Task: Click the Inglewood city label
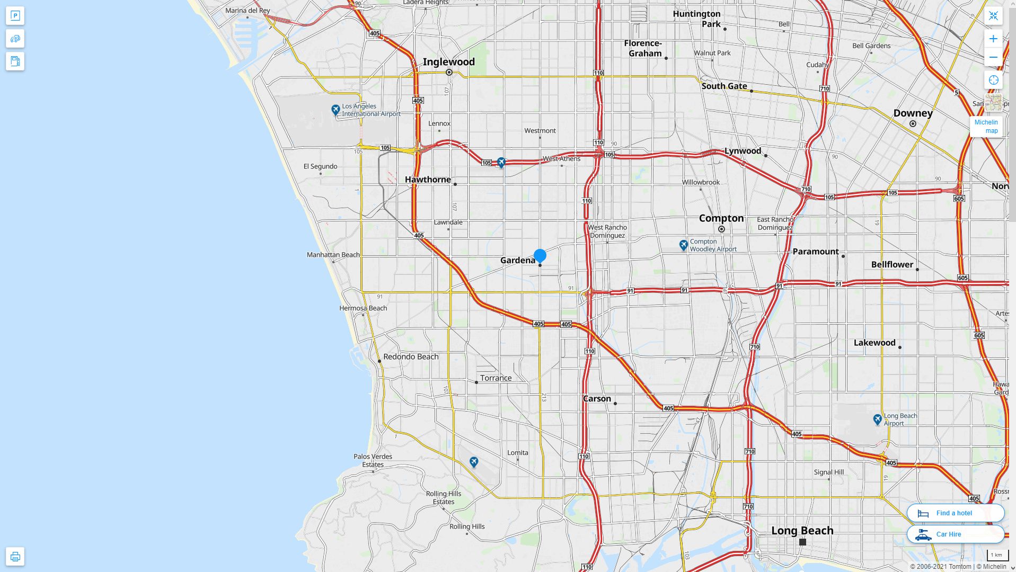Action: point(448,62)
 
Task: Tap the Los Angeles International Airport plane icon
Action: point(335,110)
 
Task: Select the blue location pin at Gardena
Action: point(540,256)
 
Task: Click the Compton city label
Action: point(721,218)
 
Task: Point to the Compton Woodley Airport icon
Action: point(684,245)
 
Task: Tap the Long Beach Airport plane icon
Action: point(877,419)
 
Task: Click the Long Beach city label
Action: point(802,531)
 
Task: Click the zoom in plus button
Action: point(993,39)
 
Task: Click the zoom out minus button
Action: point(993,57)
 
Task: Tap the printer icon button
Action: point(15,556)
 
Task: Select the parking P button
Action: point(15,16)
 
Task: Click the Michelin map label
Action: point(986,127)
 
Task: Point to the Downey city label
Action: point(913,113)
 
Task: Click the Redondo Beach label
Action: point(411,357)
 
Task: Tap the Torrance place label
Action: point(496,378)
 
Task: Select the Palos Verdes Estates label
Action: point(373,460)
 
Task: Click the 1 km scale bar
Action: point(997,555)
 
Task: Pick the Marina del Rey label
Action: point(248,11)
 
